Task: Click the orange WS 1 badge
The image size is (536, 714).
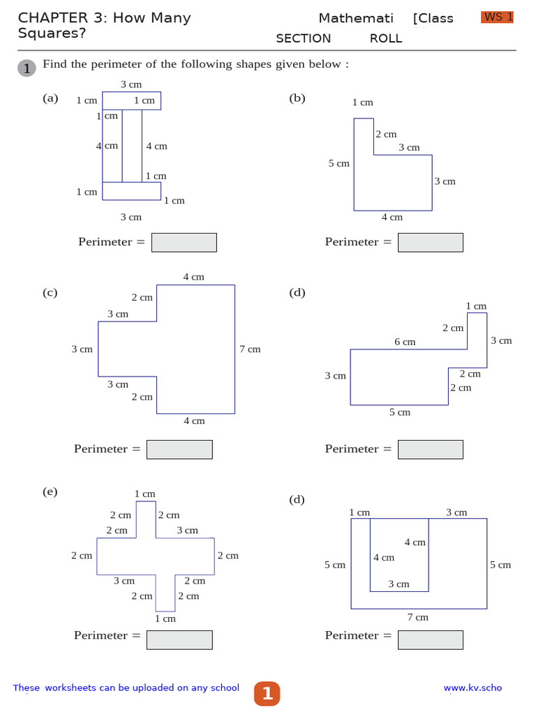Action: point(497,17)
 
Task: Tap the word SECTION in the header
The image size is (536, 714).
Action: point(303,38)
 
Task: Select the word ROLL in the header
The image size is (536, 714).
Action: point(386,38)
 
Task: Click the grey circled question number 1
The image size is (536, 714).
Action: point(27,68)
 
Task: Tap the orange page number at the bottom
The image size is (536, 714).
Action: point(267,693)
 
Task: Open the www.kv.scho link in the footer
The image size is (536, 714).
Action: point(472,688)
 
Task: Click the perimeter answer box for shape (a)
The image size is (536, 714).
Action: point(184,242)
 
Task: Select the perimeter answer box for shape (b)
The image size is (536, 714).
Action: point(431,242)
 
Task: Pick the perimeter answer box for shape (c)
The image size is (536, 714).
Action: point(179,449)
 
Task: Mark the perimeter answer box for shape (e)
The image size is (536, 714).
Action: point(179,639)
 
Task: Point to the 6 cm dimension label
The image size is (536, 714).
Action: point(405,342)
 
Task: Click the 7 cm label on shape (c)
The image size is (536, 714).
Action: point(250,349)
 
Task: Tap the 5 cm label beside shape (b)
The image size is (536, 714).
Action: point(339,164)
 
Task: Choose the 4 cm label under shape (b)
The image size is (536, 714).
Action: point(392,217)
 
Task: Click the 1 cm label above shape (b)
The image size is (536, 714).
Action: point(363,102)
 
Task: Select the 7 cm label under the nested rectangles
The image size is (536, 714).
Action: point(418,617)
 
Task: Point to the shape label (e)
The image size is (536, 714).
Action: point(50,492)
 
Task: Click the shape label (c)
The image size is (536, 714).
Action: point(50,293)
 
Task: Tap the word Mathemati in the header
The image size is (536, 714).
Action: point(356,18)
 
